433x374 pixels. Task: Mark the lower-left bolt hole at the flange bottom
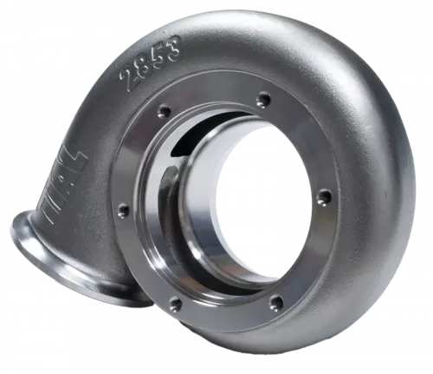click(x=177, y=304)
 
